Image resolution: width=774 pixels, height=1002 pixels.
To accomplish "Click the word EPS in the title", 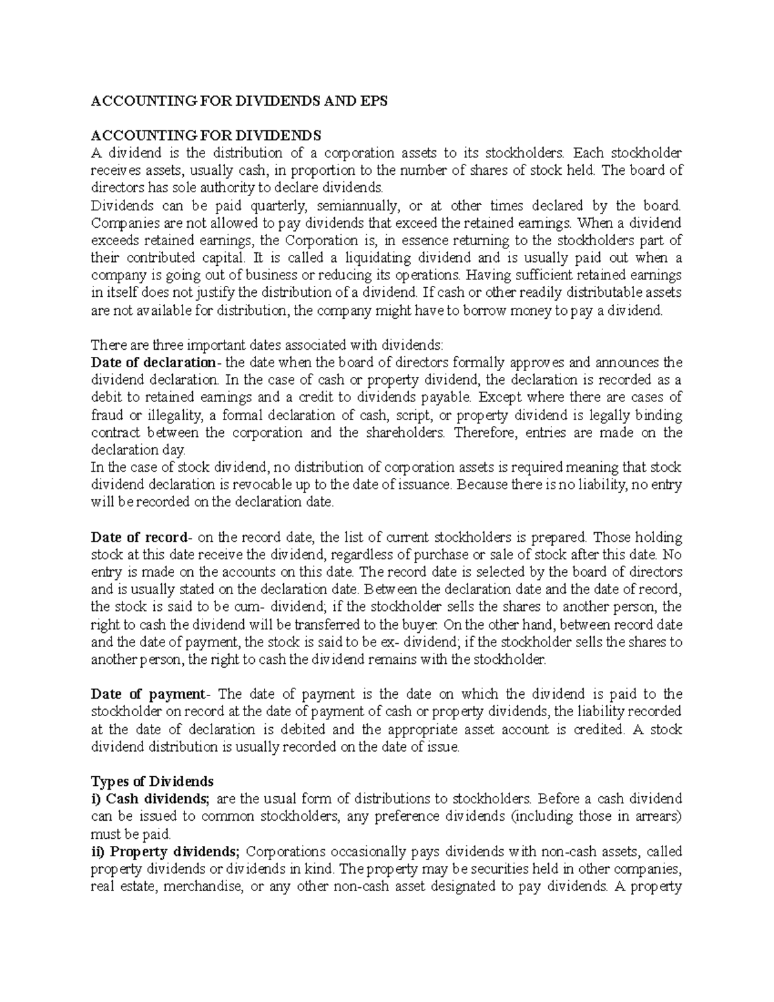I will click(374, 101).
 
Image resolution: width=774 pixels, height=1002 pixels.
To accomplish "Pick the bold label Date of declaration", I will click(153, 362).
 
